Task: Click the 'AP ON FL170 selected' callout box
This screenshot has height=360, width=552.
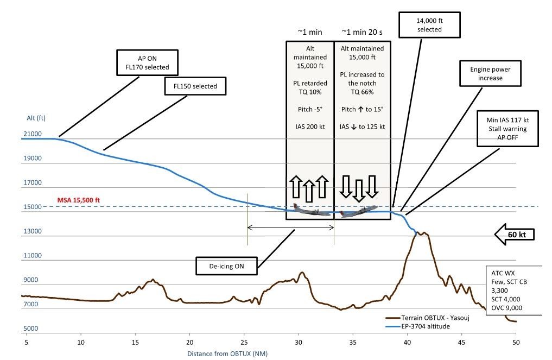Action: (143, 62)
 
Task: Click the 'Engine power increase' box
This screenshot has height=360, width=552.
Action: (490, 74)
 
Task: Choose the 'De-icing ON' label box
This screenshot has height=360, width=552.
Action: (226, 266)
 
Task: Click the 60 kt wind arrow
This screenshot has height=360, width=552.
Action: (515, 235)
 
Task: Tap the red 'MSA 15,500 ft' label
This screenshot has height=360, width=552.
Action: (79, 200)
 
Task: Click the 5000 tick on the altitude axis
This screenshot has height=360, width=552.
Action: (30, 329)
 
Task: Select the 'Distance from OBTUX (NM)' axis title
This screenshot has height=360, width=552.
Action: (227, 353)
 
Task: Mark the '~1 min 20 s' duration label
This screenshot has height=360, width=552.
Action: (362, 32)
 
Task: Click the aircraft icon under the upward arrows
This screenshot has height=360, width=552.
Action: (311, 210)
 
